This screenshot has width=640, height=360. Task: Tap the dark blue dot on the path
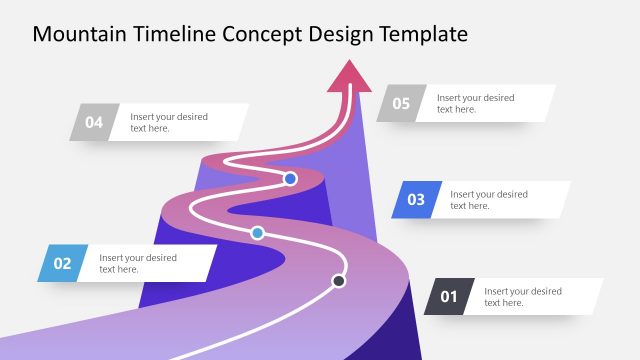click(x=290, y=179)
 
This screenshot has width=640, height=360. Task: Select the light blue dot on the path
click(x=257, y=233)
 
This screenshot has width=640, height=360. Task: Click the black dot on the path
click(x=339, y=281)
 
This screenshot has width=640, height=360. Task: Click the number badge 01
click(x=449, y=296)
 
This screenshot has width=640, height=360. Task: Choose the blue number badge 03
click(x=416, y=199)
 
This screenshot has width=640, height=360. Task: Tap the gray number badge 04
click(x=94, y=122)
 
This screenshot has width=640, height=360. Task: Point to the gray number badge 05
click(x=401, y=103)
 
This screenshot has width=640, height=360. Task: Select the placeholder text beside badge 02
click(x=138, y=263)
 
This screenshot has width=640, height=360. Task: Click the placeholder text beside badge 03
click(x=488, y=199)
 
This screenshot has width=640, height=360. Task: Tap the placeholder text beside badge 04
click(x=168, y=122)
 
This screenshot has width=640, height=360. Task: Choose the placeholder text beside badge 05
click(x=475, y=103)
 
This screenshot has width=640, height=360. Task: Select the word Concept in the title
click(x=264, y=34)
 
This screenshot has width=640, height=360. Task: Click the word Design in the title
click(x=344, y=34)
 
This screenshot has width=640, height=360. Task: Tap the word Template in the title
click(x=424, y=34)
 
